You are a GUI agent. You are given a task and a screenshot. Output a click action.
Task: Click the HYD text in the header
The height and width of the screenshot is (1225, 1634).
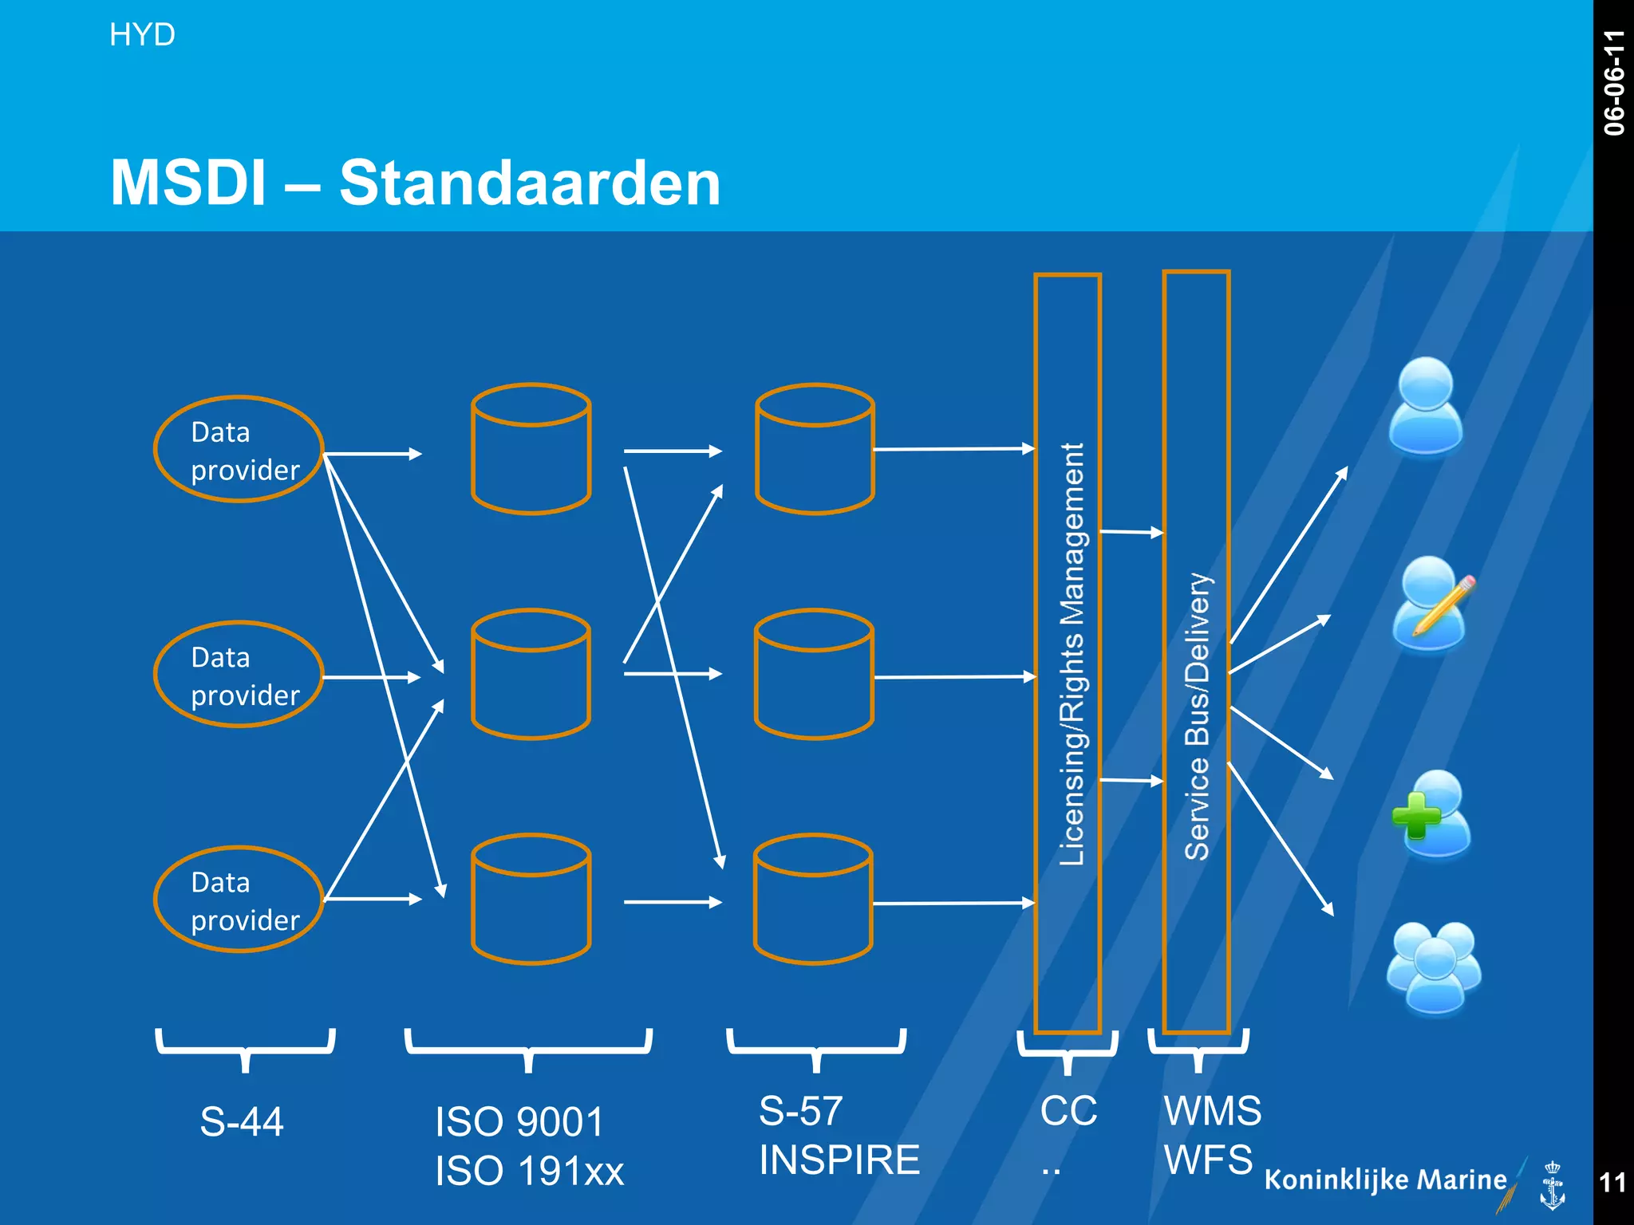(x=142, y=35)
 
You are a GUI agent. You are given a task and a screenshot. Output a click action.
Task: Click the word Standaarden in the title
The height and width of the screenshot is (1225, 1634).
(x=530, y=183)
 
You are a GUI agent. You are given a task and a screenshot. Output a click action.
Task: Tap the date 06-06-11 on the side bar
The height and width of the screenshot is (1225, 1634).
(x=1613, y=83)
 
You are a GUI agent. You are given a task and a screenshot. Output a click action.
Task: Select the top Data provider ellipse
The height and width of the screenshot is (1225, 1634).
(x=239, y=450)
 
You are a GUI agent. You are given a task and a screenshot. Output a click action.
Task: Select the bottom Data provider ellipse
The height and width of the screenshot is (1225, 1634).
(x=239, y=900)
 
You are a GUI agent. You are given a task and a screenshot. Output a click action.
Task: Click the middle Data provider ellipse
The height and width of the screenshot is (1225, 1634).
(x=239, y=675)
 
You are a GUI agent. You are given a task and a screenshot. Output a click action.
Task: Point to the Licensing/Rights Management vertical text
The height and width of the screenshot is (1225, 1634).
(x=1071, y=654)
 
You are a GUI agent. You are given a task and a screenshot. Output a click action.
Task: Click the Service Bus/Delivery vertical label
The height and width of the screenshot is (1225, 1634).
(x=1197, y=716)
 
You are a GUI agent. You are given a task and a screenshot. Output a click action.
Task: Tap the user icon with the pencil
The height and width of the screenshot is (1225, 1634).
(x=1432, y=605)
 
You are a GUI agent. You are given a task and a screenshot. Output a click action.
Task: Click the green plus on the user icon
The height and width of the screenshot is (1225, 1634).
(x=1415, y=816)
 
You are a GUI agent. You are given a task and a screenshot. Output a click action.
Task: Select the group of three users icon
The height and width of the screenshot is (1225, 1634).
(x=1434, y=967)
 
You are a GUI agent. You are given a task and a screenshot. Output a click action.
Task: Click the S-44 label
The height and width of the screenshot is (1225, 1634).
(x=242, y=1121)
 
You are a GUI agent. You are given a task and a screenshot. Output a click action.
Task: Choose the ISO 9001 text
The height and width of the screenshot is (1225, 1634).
(x=519, y=1121)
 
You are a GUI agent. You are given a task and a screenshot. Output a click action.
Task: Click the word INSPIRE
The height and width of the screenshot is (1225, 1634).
(x=839, y=1160)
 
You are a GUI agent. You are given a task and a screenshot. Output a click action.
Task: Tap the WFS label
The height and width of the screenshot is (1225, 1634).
(x=1208, y=1160)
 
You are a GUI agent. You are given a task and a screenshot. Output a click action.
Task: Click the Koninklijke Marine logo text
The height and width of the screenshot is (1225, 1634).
(x=1385, y=1180)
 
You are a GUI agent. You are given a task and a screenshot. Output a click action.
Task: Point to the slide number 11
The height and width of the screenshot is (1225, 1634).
(x=1612, y=1182)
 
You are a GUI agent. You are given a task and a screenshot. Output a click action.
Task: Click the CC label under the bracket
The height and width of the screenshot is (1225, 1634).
(x=1068, y=1111)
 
